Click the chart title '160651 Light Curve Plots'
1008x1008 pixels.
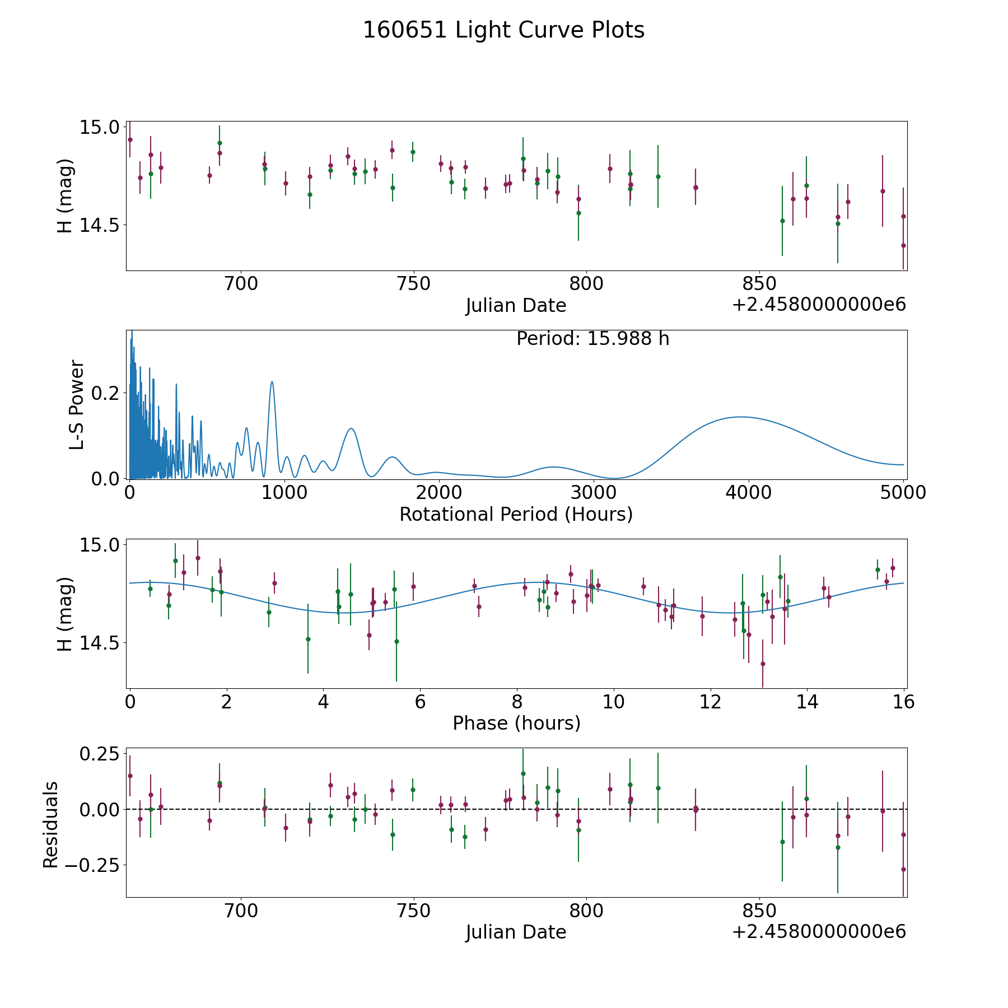point(503,30)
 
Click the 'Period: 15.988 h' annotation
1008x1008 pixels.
point(592,339)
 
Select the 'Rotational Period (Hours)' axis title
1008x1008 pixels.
point(516,514)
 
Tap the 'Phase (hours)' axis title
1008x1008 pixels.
point(516,723)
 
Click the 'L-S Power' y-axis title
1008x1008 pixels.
point(77,405)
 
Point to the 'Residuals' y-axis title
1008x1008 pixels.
point(50,824)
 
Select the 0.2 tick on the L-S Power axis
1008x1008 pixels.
point(105,393)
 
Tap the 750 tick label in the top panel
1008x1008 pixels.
point(413,284)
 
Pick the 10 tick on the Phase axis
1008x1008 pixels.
point(614,702)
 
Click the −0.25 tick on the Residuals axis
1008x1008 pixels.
point(94,865)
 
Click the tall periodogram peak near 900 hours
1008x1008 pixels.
point(272,382)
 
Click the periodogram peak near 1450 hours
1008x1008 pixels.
point(351,428)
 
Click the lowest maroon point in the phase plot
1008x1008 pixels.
point(763,664)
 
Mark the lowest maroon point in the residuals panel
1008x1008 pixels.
point(903,869)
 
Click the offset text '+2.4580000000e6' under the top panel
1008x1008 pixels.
point(819,305)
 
